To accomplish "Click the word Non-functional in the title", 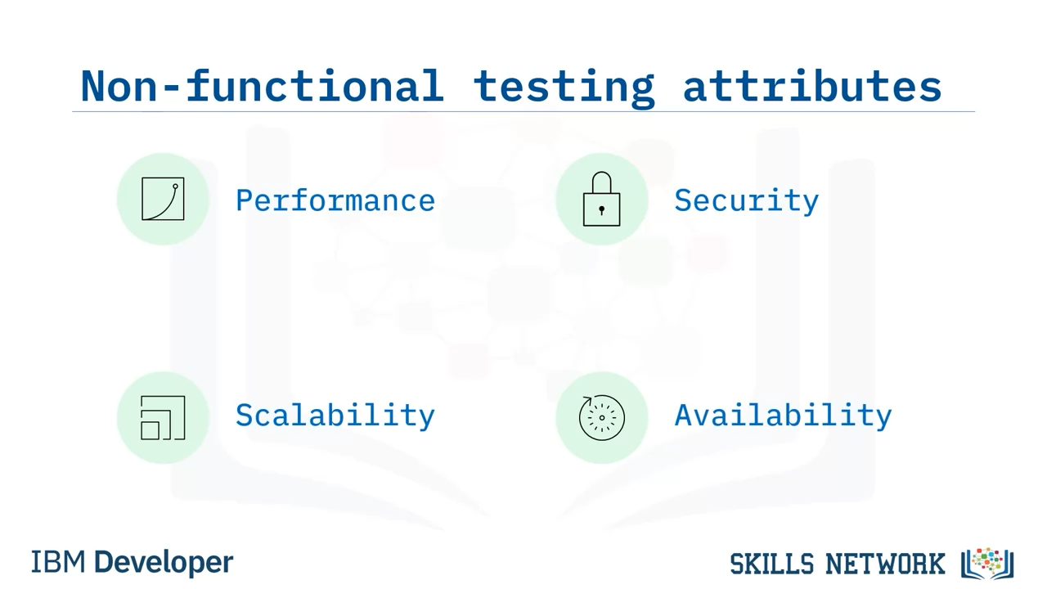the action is tap(262, 86).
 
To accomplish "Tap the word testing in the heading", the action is tap(564, 88).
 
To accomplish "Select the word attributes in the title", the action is tap(812, 86).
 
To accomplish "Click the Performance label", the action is tap(335, 201).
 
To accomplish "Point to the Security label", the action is tap(747, 201).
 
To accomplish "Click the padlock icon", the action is tap(601, 199).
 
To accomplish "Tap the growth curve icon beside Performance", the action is tap(163, 199).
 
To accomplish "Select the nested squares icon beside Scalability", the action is tap(163, 417).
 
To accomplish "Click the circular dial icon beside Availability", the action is tap(601, 418).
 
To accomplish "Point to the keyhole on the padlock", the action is tap(601, 210).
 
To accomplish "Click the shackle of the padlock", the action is tap(601, 173).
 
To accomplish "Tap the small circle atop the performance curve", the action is tap(175, 187).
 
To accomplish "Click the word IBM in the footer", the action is tap(58, 561).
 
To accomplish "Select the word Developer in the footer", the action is tap(164, 563).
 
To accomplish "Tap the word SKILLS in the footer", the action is tap(771, 564).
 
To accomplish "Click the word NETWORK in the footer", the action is tap(885, 564).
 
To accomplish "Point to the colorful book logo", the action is tap(987, 564).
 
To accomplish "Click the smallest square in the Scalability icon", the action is tap(150, 430).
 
